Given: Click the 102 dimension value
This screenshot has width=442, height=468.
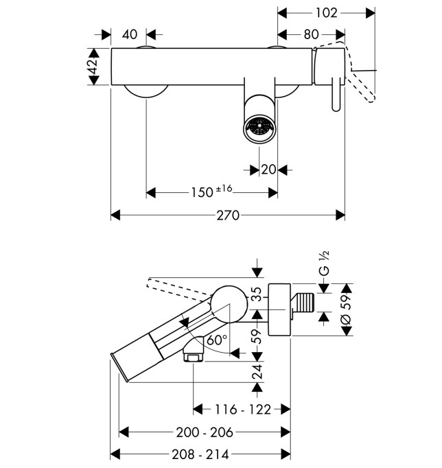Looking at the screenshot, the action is pyautogui.click(x=326, y=13).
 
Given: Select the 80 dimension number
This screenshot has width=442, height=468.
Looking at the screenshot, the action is pyautogui.click(x=312, y=34).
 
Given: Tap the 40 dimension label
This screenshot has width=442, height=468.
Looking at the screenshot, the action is pyautogui.click(x=130, y=34).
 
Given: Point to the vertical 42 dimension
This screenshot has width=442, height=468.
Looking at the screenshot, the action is pyautogui.click(x=93, y=66).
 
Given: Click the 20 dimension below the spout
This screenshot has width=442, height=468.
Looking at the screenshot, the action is pyautogui.click(x=268, y=169).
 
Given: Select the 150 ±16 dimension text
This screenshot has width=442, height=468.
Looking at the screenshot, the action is pyautogui.click(x=211, y=191).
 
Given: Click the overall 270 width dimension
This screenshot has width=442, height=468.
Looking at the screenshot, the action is pyautogui.click(x=228, y=215).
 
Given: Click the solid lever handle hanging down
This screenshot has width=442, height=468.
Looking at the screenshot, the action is pyautogui.click(x=336, y=94).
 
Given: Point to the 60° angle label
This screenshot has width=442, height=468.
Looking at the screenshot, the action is pyautogui.click(x=217, y=340).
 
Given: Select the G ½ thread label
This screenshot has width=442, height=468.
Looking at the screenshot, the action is pyautogui.click(x=324, y=264).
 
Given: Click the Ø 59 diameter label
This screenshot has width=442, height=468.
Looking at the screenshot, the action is pyautogui.click(x=346, y=309).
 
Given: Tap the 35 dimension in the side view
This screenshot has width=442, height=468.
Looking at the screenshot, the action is pyautogui.click(x=257, y=294).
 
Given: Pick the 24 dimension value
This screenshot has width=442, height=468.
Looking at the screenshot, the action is pyautogui.click(x=257, y=371).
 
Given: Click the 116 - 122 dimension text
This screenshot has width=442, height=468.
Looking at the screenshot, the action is pyautogui.click(x=243, y=410).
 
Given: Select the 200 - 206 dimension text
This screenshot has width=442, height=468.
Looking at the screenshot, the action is pyautogui.click(x=205, y=432).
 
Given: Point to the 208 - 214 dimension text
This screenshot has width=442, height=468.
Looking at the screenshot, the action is pyautogui.click(x=200, y=454).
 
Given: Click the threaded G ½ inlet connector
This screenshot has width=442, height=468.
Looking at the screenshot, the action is pyautogui.click(x=303, y=303).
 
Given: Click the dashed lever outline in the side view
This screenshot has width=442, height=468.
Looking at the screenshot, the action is pyautogui.click(x=178, y=289).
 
